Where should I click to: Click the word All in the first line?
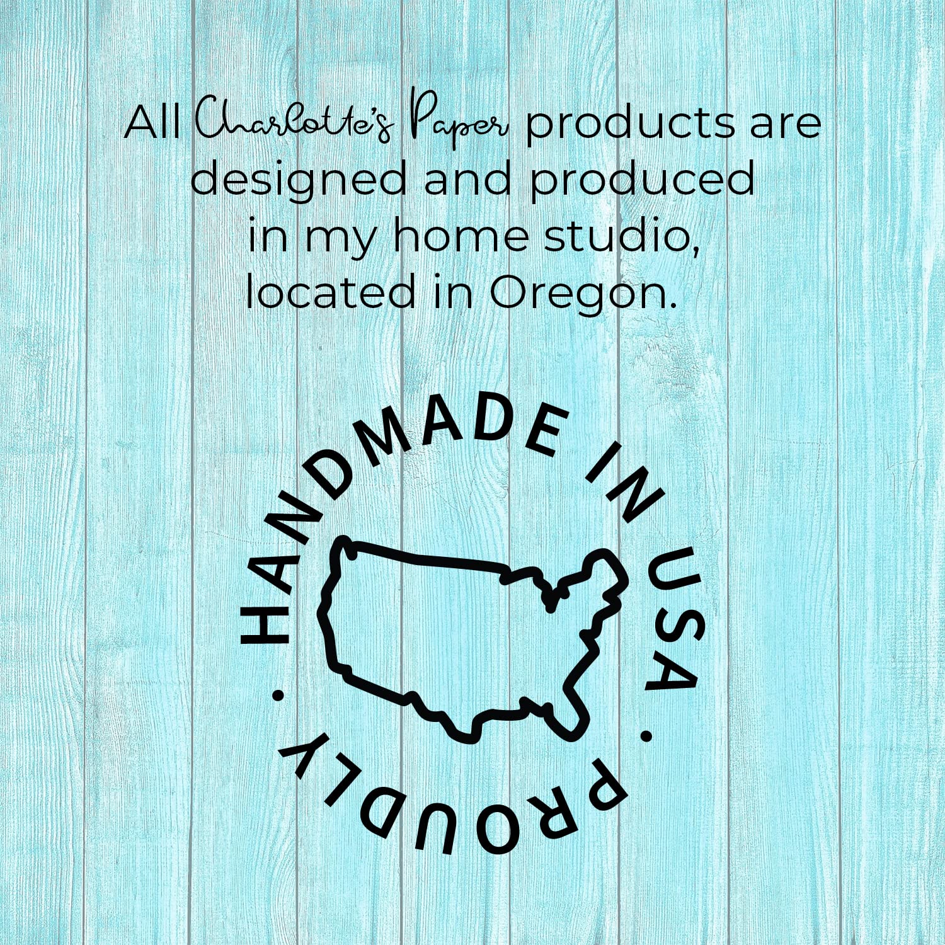pos(152,123)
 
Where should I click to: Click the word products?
pos(631,124)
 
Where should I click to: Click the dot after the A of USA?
pos(646,735)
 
